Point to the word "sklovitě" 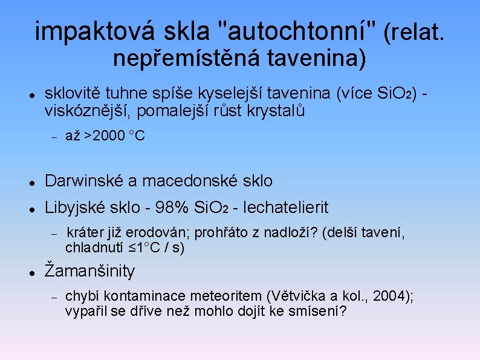click(73, 94)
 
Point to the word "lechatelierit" click(285, 208)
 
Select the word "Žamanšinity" click(90, 271)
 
